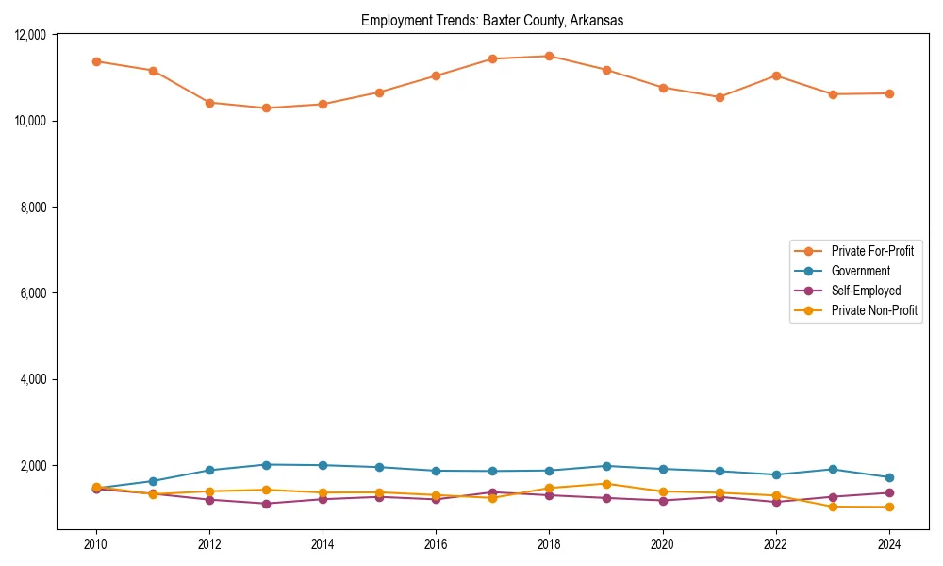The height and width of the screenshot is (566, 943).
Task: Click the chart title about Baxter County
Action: (x=492, y=21)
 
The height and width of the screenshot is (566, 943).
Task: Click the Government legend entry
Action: (x=860, y=271)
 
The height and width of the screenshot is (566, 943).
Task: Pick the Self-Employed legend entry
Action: (x=866, y=291)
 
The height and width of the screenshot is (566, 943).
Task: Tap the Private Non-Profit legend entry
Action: (x=874, y=310)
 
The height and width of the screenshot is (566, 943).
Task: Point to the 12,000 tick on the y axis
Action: (x=31, y=35)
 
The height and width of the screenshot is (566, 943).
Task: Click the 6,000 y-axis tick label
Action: (x=34, y=293)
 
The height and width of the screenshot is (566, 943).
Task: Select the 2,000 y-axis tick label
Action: (x=34, y=466)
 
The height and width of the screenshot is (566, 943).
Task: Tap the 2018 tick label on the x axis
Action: (x=550, y=544)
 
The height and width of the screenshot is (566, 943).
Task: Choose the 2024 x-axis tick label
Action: (x=889, y=544)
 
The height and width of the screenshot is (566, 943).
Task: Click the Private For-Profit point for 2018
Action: (x=550, y=56)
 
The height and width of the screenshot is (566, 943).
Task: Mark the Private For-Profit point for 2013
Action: (x=266, y=108)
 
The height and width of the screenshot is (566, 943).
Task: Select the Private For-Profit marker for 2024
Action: (x=889, y=93)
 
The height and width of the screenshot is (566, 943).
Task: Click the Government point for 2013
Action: (x=266, y=464)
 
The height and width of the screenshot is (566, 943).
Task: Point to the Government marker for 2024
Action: (x=889, y=477)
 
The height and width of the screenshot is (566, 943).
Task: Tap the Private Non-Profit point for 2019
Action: (x=606, y=484)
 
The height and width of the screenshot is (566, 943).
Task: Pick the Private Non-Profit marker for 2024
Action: (x=889, y=508)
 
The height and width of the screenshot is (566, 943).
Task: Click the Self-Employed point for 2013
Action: (x=266, y=504)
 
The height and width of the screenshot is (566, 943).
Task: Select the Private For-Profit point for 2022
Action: (x=776, y=75)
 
